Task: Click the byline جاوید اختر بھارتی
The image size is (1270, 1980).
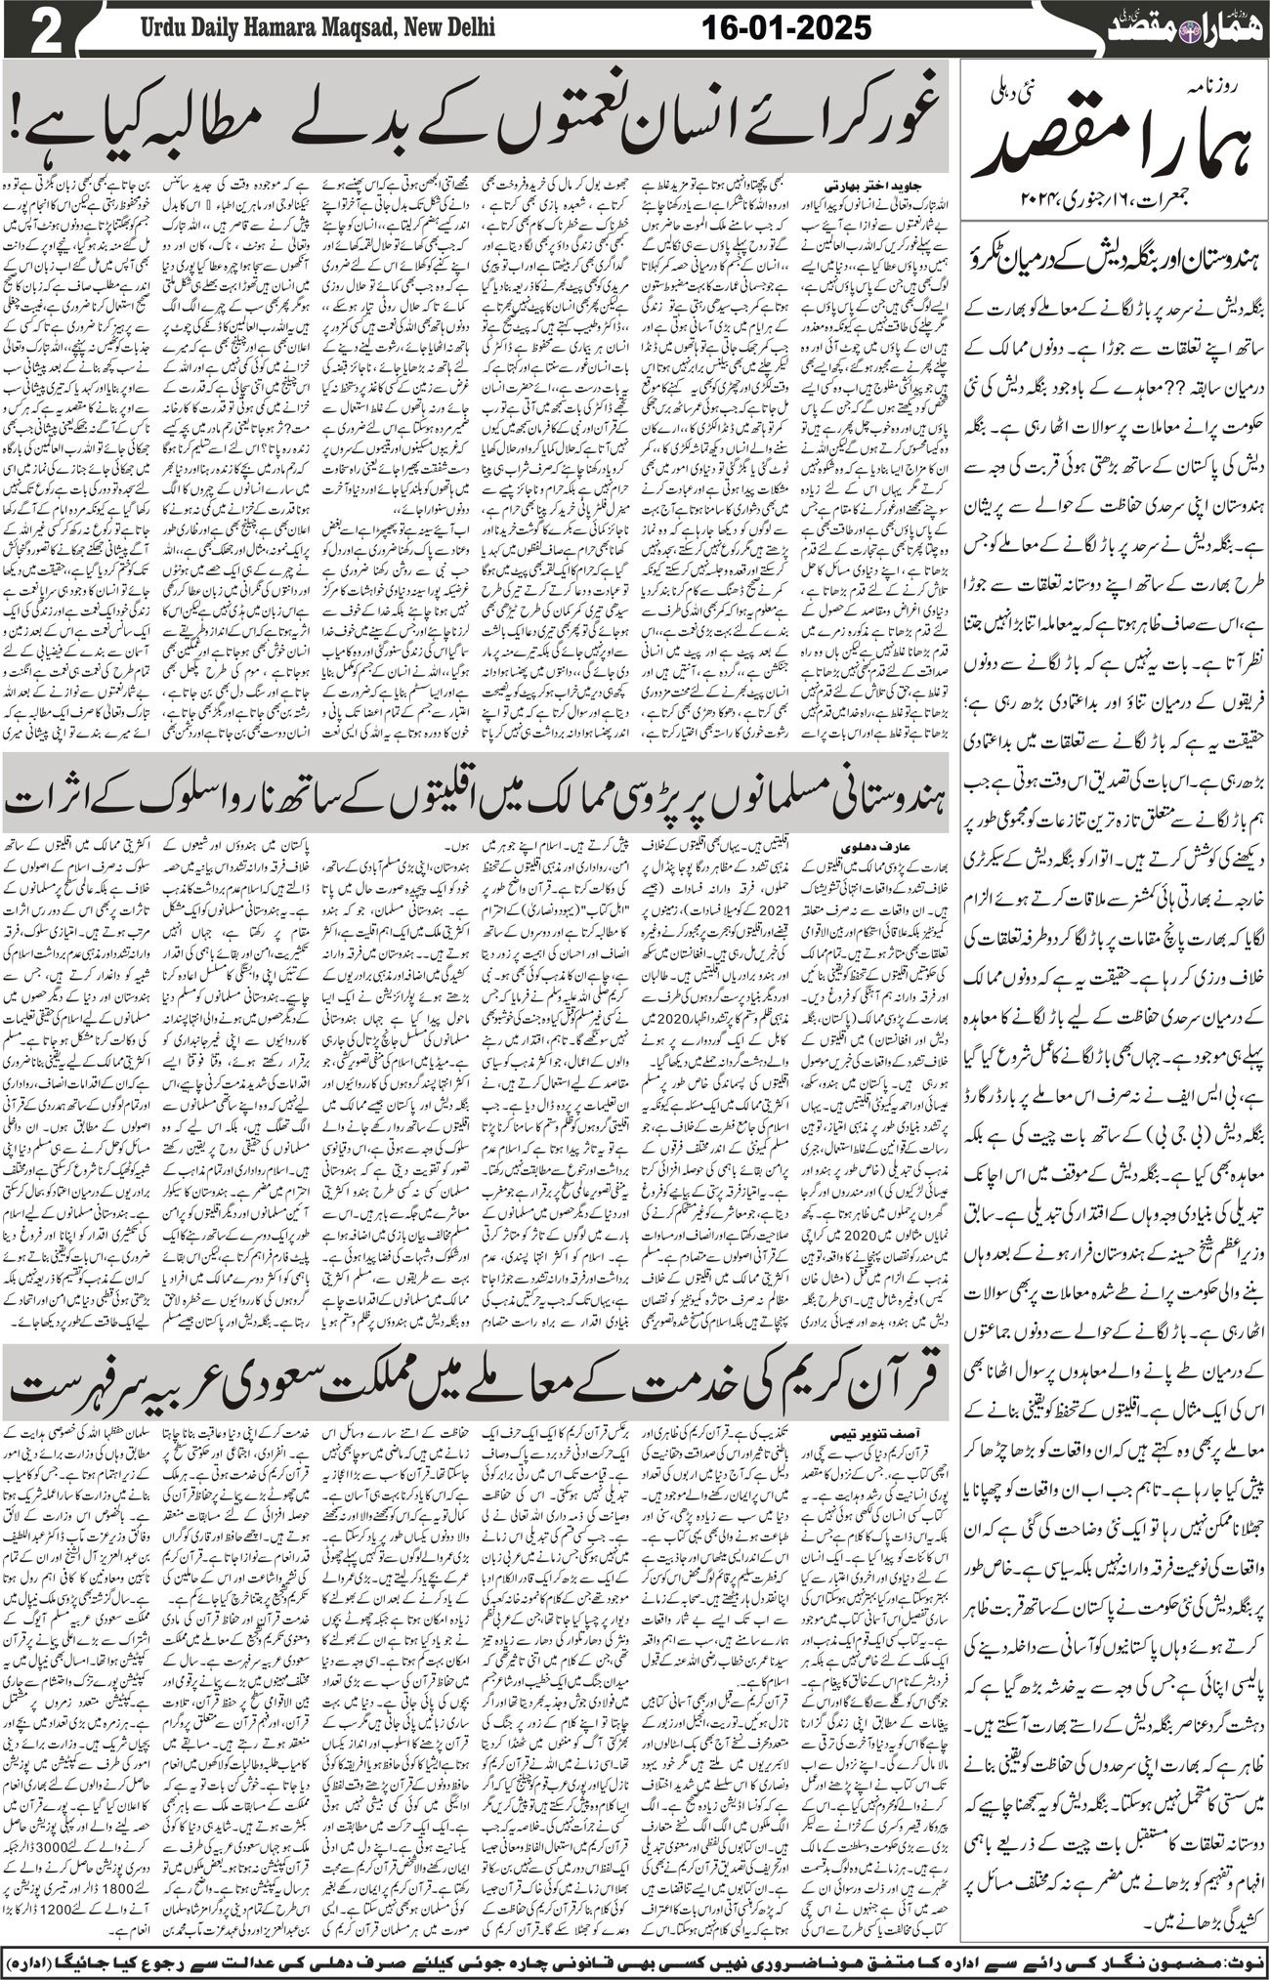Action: (850, 183)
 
